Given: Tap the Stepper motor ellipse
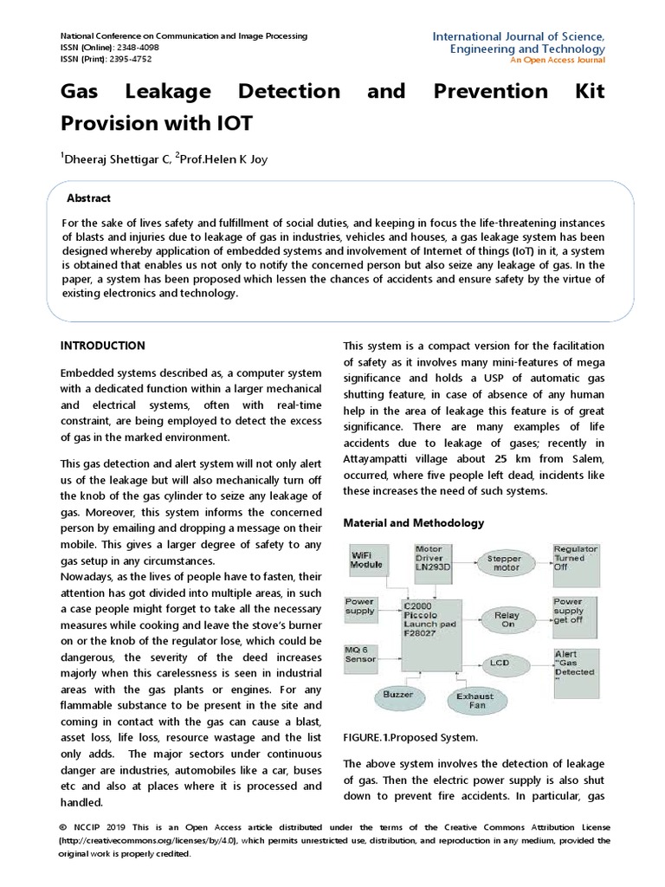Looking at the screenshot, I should point(504,564).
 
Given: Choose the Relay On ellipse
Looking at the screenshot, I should point(507,620).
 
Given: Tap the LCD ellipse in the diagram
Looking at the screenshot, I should point(500,664).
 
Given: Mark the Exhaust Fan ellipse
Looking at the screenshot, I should point(475,701).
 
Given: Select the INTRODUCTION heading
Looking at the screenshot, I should point(102,346).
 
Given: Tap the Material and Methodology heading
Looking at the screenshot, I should point(414,523).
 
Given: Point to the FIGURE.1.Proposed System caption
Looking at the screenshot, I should point(410,737).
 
